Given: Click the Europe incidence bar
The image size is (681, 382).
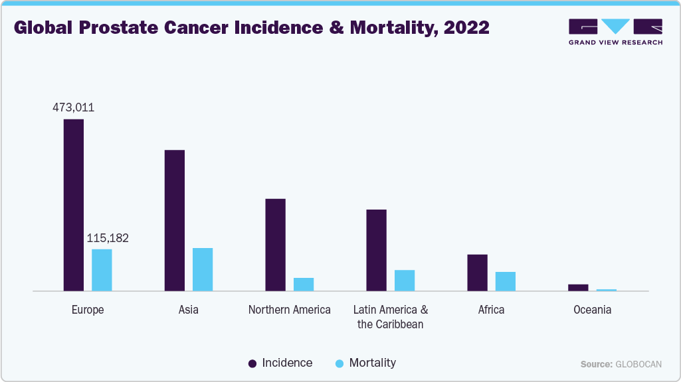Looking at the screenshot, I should (73, 205).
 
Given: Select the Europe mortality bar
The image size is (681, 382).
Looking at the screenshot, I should (102, 270).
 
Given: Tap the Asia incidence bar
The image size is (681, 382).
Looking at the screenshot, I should (174, 220).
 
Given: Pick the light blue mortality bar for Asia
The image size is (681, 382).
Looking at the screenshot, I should (203, 269).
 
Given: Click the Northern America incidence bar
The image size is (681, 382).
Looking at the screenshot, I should (275, 245).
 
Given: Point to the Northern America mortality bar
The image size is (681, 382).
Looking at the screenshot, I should (304, 284).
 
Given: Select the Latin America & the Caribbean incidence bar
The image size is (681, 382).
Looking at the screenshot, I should (376, 250).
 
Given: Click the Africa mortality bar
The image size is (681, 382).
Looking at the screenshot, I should (505, 281).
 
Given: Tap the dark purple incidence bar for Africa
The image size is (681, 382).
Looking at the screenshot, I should (477, 273).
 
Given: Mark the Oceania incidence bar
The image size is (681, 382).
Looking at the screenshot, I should (578, 287).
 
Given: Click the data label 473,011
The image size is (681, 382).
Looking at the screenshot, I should (73, 107).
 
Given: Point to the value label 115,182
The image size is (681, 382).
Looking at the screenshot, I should (108, 238).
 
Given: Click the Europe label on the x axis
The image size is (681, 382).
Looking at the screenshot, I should (88, 310).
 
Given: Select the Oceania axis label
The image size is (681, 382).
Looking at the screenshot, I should (592, 310).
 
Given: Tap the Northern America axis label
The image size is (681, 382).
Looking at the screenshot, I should (289, 310).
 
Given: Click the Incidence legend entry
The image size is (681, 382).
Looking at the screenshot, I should (280, 363).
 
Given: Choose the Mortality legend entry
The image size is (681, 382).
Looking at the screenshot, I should (365, 363).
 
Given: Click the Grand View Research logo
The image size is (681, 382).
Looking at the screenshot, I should (615, 31).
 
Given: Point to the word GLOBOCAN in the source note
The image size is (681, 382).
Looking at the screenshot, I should (638, 365).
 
